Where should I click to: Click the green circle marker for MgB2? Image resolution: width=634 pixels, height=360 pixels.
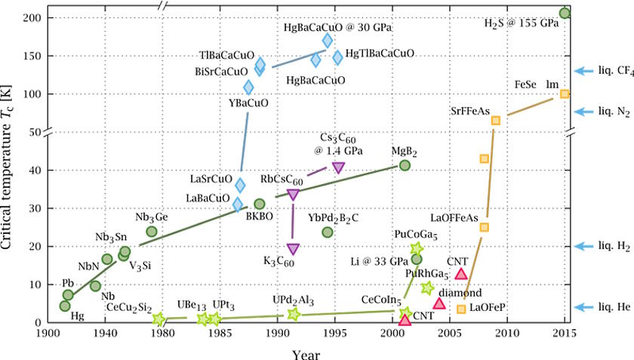(x=405, y=165)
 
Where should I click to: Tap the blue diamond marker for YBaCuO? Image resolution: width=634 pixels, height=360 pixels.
(x=249, y=87)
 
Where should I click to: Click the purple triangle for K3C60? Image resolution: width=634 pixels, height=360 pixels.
(x=293, y=249)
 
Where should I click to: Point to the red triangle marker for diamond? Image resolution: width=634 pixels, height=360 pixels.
(x=439, y=303)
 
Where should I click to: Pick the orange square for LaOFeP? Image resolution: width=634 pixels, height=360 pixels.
(x=462, y=309)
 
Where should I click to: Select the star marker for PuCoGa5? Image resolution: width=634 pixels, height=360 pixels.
(x=417, y=248)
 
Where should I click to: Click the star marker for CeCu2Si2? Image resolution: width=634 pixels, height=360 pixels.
(x=159, y=319)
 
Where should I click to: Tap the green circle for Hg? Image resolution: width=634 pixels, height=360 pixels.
(x=65, y=306)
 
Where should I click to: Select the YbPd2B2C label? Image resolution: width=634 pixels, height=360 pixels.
(x=333, y=218)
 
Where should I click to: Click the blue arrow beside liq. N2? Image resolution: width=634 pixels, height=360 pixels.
(x=582, y=111)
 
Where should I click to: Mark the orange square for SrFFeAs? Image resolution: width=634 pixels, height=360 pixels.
(x=496, y=120)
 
